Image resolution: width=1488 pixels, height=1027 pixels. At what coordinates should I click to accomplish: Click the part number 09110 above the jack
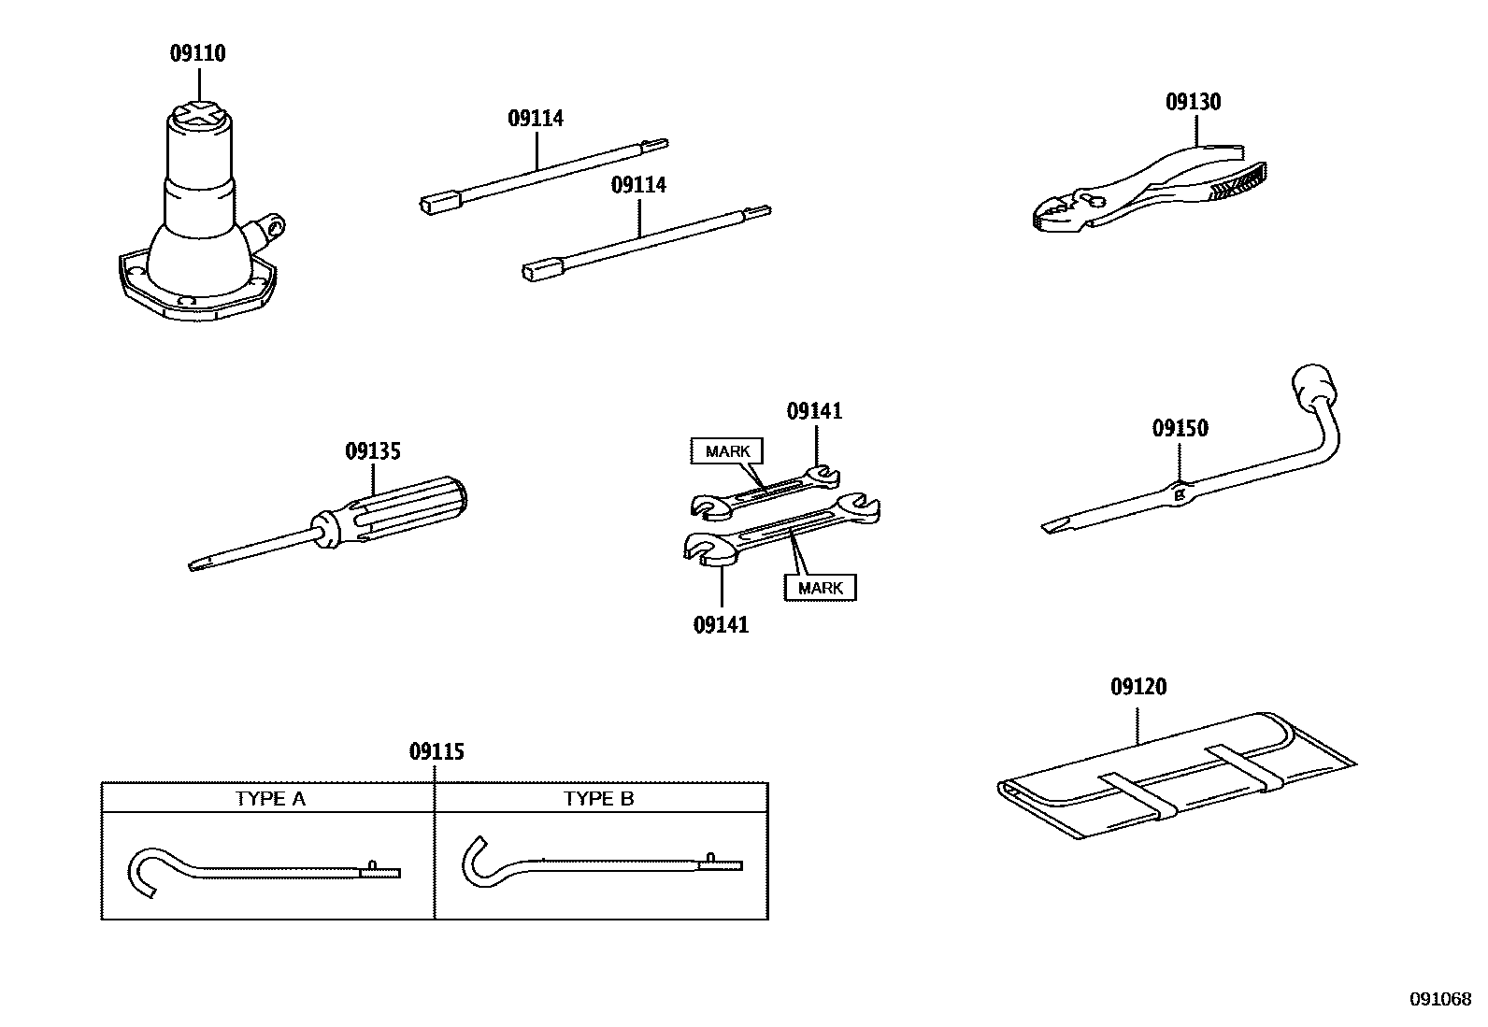point(197,53)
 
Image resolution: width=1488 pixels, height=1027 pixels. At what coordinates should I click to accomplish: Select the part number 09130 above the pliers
point(1193,102)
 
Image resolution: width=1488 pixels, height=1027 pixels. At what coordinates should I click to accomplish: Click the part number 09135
point(373,451)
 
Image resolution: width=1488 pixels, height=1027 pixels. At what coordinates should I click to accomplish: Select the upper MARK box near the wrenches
point(727,451)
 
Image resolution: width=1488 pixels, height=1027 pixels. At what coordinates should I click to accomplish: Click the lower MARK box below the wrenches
point(820,588)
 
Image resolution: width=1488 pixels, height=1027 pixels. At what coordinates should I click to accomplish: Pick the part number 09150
point(1180,428)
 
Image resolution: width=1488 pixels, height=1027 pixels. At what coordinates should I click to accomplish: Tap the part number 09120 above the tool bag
point(1138,687)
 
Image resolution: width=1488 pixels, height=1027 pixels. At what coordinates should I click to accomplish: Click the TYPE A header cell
point(269,798)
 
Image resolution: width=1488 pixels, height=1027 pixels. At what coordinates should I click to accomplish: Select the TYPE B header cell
point(599,798)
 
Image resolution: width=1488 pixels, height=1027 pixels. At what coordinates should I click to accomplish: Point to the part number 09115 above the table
point(436,751)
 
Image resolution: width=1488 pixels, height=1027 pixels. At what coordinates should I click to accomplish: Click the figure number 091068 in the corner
point(1440,999)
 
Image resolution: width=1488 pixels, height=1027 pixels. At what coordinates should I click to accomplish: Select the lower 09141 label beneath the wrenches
point(721,624)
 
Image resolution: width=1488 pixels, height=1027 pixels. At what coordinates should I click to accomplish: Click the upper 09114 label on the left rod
point(536,119)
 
